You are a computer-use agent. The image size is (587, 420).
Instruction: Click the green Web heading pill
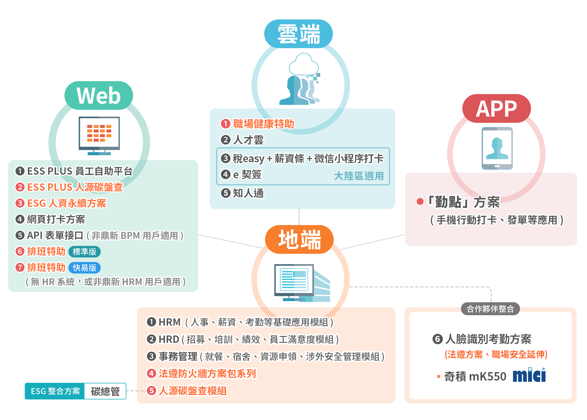pyautogui.click(x=98, y=95)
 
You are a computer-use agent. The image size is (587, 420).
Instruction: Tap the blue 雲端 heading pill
pyautogui.click(x=298, y=34)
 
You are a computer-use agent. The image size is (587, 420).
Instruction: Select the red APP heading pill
pyautogui.click(x=496, y=108)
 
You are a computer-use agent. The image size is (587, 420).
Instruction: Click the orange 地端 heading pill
pyautogui.click(x=299, y=239)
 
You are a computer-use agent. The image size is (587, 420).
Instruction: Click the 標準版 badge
pyautogui.click(x=84, y=252)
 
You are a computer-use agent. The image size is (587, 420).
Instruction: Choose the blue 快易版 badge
pyautogui.click(x=84, y=268)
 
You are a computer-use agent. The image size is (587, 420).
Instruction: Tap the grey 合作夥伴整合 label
pyautogui.click(x=490, y=309)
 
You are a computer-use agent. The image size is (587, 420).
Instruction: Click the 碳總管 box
pyautogui.click(x=105, y=391)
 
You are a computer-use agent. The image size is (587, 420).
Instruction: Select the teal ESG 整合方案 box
pyautogui.click(x=55, y=391)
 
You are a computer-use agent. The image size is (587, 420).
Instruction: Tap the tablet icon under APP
pyautogui.click(x=497, y=148)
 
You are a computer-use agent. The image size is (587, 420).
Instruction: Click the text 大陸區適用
pyautogui.click(x=359, y=176)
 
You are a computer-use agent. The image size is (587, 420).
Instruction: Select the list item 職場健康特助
pyautogui.click(x=263, y=124)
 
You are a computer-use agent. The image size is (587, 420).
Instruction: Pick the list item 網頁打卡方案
pyautogui.click(x=56, y=219)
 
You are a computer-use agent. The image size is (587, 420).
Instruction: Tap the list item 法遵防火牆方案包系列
pyautogui.click(x=207, y=374)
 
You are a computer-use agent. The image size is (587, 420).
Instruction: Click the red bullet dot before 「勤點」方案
pyautogui.click(x=420, y=201)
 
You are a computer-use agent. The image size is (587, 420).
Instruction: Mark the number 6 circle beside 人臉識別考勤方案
pyautogui.click(x=437, y=339)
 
